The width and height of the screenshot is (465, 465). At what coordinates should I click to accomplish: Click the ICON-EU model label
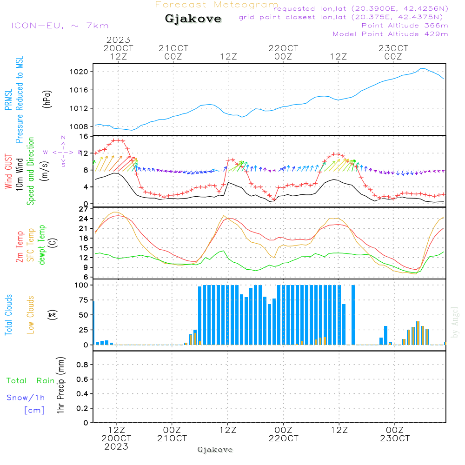pyautogui.click(x=60, y=26)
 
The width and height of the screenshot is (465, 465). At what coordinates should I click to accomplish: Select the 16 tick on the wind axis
pyautogui.click(x=84, y=136)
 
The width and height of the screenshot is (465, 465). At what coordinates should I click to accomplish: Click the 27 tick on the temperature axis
pyautogui.click(x=84, y=209)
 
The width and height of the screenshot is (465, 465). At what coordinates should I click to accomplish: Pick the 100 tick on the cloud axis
pyautogui.click(x=82, y=285)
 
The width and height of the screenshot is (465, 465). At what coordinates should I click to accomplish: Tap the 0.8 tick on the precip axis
pyautogui.click(x=82, y=365)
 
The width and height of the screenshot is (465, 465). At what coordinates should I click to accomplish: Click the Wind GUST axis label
pyautogui.click(x=8, y=172)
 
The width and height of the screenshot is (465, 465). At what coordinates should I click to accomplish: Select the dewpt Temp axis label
pyautogui.click(x=42, y=245)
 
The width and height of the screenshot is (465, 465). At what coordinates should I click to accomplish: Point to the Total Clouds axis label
pyautogui.click(x=8, y=315)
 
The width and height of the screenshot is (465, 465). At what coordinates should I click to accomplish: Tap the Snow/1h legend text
pyautogui.click(x=26, y=398)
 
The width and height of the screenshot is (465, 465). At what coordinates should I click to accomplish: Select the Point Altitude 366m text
pyautogui.click(x=405, y=25)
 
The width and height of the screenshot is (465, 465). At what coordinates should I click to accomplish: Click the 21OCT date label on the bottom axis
pyautogui.click(x=172, y=438)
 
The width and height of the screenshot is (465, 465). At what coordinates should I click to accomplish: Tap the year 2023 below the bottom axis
pyautogui.click(x=116, y=446)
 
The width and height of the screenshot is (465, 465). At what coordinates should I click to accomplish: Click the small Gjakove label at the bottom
pyautogui.click(x=215, y=450)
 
